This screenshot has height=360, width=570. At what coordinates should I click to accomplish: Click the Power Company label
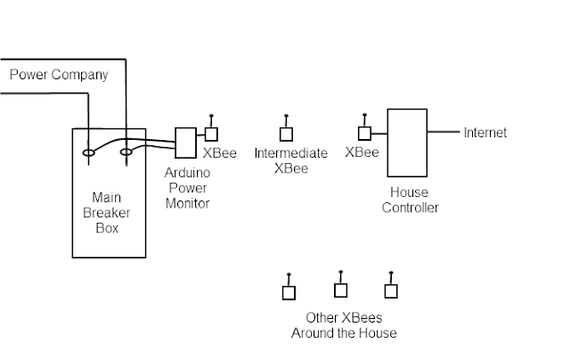coord(59,75)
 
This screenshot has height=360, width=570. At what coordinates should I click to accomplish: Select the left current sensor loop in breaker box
coord(88,152)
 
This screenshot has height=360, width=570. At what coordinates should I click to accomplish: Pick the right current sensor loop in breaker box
coord(126,152)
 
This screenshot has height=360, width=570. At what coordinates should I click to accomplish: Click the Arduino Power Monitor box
coord(184,143)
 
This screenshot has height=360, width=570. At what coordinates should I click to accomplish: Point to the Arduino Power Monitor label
coord(188,188)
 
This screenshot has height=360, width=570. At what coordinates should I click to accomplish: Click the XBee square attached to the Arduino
coord(211,135)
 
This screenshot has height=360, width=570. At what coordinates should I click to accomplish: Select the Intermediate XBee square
coord(286,135)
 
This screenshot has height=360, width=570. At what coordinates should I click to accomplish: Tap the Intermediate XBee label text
coord(290,160)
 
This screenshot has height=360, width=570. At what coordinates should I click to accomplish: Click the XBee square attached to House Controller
coord(363,134)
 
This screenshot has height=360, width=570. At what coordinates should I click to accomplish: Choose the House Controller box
coord(407,142)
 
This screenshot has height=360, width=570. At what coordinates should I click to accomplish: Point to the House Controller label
coord(410,200)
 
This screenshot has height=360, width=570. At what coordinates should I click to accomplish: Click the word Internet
coord(484,133)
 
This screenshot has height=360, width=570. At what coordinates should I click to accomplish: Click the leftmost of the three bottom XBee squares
coord(289,292)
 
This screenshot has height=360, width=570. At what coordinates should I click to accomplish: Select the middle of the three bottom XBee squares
coord(340,290)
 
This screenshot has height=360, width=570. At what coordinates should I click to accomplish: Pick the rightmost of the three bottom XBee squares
coord(390,291)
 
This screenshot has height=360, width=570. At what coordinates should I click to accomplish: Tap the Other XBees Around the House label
coord(344,325)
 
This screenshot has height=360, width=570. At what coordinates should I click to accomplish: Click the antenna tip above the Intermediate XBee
coord(286,116)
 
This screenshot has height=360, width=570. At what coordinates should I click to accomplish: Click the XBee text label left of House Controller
coord(362,152)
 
